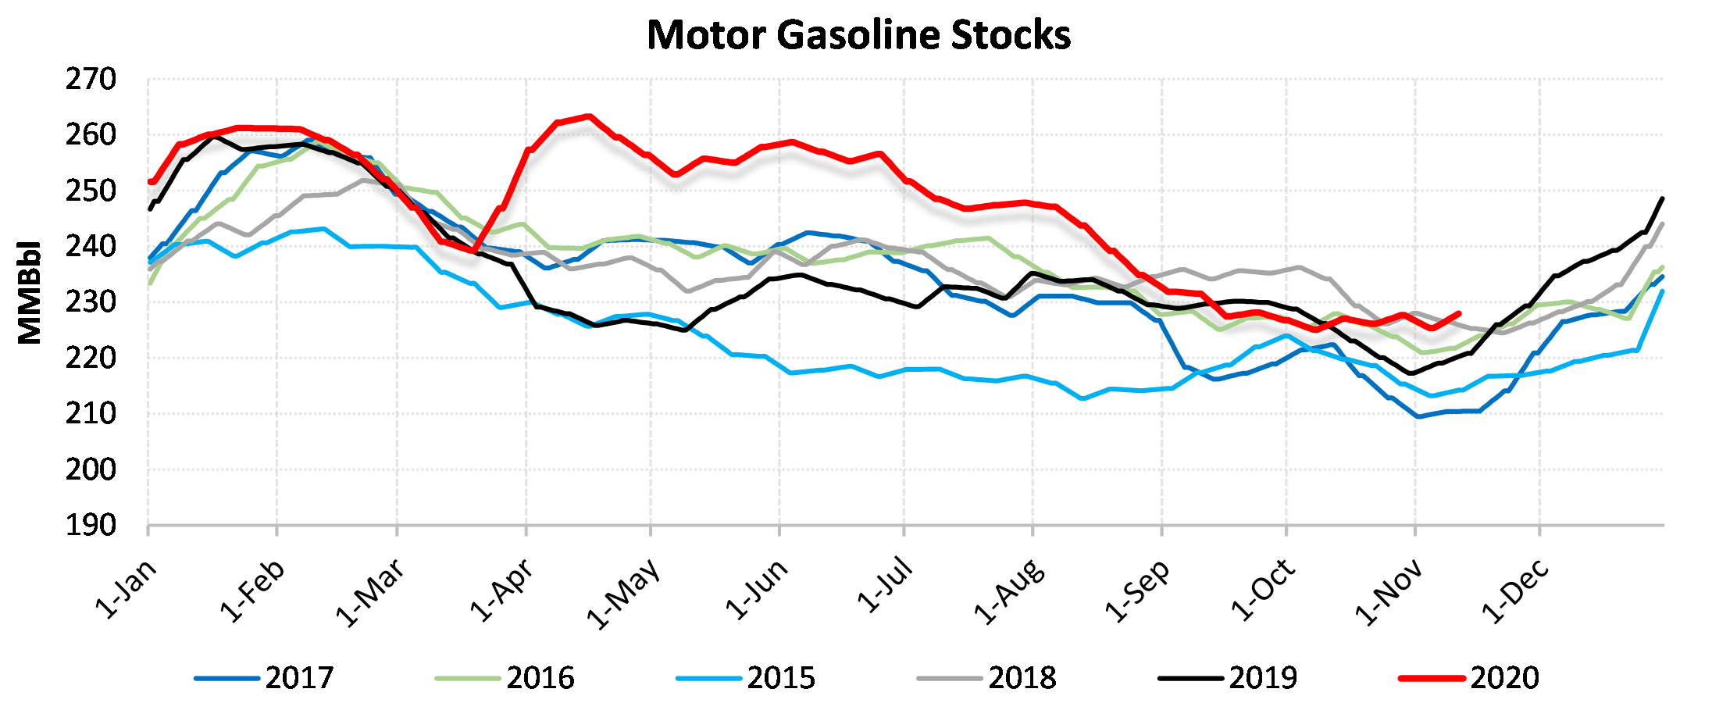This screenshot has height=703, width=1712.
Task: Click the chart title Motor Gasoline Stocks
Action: click(858, 35)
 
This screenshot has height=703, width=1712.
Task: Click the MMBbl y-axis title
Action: click(30, 293)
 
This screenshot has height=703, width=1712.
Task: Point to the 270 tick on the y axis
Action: click(91, 80)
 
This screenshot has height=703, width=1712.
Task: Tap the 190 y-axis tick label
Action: click(91, 526)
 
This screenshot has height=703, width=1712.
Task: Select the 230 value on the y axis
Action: click(91, 302)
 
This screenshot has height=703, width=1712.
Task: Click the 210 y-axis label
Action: click(91, 414)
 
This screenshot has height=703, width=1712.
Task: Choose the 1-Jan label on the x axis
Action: click(126, 589)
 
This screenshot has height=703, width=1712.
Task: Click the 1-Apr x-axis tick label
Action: click(502, 591)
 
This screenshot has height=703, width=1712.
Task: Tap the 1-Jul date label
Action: click(885, 585)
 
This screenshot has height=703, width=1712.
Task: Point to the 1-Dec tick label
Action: click(1515, 591)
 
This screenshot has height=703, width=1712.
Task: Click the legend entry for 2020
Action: click(1504, 678)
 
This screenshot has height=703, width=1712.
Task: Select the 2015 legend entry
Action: click(781, 678)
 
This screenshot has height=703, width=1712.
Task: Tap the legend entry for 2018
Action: click(1022, 678)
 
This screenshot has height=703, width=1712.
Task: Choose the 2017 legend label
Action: click(299, 678)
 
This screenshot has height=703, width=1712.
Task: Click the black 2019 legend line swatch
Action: click(1189, 678)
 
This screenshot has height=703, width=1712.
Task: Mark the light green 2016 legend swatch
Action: click(467, 678)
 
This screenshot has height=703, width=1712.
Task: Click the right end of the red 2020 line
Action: click(1459, 313)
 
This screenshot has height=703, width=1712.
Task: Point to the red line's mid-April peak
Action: click(588, 116)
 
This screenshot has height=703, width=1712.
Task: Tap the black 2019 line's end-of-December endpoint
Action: click(1662, 198)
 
